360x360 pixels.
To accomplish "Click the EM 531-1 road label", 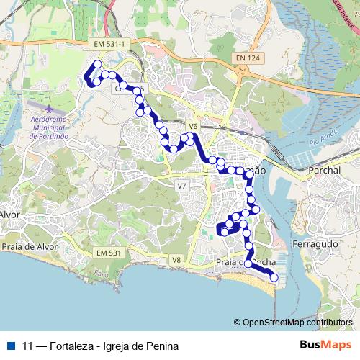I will point(109,45).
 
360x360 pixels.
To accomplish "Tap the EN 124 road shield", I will point(247,57).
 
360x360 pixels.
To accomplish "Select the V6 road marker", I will point(192,127).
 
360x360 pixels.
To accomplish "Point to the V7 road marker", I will point(181,186).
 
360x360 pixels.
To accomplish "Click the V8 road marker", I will point(176,259).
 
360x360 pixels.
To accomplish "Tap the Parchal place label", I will point(323,171).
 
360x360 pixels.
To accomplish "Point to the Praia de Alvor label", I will point(29,246).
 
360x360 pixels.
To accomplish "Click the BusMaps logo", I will point(325,345).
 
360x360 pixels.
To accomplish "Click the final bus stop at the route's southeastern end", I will point(274,277).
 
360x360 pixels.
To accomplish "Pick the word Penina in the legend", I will point(162,346).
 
